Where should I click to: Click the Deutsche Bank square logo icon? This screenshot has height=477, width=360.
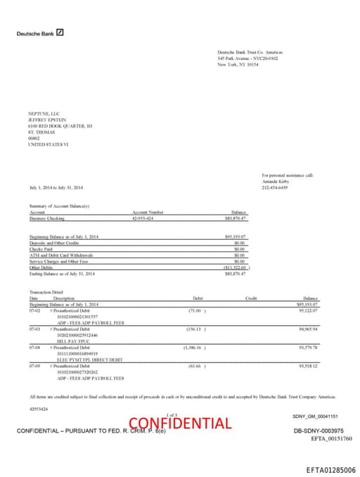coord(60,32)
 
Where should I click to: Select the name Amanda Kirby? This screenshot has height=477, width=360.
coord(275,182)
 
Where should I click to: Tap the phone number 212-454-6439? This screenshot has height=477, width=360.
coord(275,187)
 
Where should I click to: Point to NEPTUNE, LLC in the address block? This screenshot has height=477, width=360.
coord(44,113)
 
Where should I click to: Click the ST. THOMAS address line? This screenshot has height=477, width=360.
coord(40,132)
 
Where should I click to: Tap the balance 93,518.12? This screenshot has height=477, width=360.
coord(307,365)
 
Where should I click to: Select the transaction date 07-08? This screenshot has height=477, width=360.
coord(34,347)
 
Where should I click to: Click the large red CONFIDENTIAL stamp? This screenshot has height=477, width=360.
coord(179,423)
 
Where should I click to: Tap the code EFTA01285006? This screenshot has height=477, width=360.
coord(330,469)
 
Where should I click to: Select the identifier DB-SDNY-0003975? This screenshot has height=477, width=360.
coord(318,430)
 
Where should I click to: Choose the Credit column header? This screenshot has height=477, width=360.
coord(251,298)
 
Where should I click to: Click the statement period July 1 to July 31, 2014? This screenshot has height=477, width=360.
coord(56,187)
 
